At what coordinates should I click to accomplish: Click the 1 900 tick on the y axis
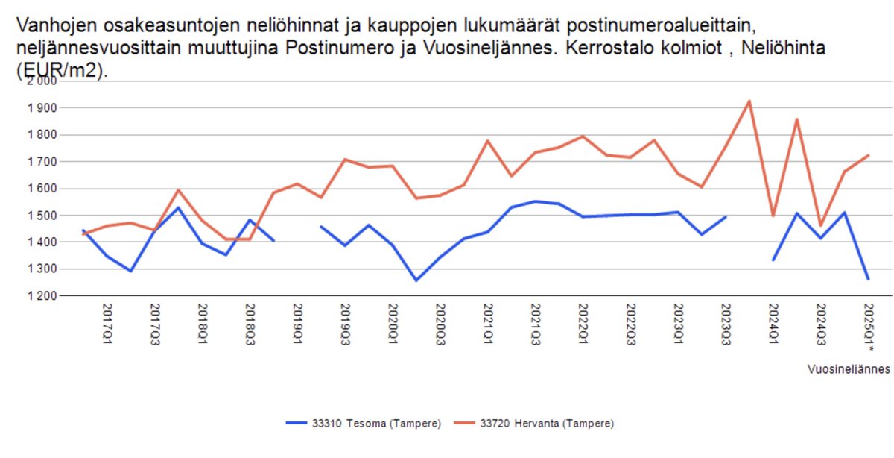(x=42, y=108)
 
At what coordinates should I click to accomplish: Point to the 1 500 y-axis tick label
(x=42, y=216)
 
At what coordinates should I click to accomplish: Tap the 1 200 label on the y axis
(x=42, y=296)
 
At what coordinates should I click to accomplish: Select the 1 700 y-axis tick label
(x=42, y=162)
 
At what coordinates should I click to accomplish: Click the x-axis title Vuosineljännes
(x=849, y=368)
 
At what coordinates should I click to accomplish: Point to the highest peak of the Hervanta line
(x=749, y=101)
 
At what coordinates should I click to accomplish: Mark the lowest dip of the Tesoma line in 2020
(x=416, y=280)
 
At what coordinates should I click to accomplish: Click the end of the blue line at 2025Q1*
(x=868, y=279)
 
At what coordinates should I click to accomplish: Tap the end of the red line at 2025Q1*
(x=868, y=155)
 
